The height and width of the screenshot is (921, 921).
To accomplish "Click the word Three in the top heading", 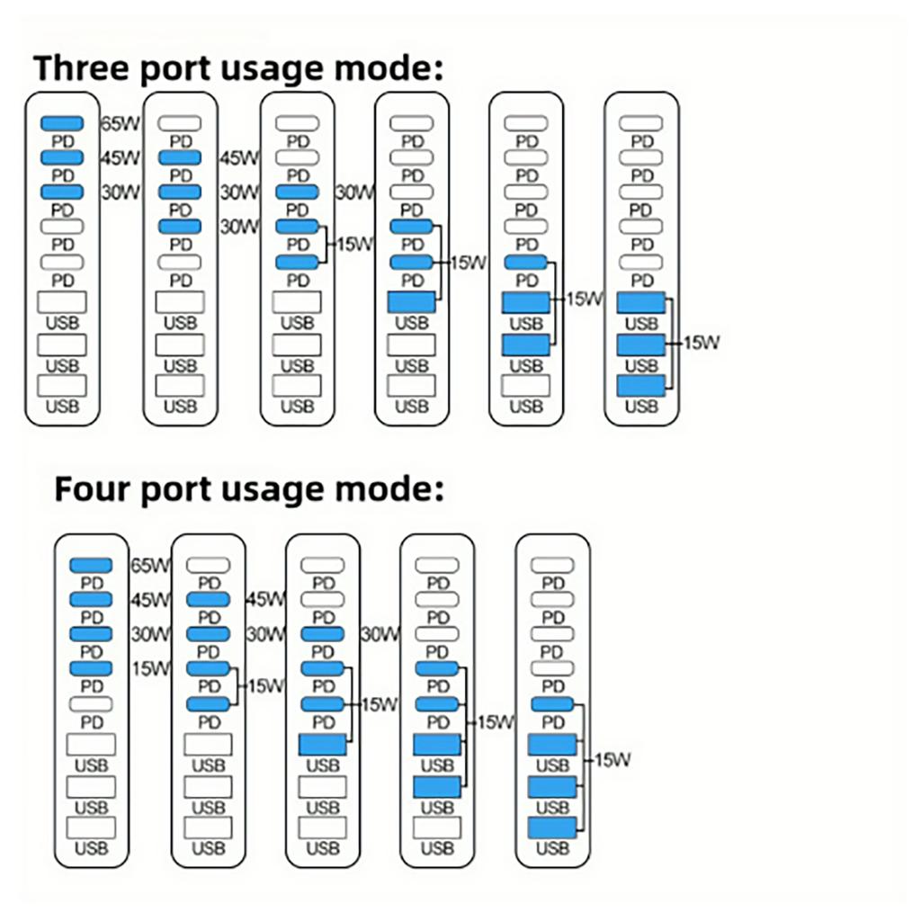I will tap(86, 68).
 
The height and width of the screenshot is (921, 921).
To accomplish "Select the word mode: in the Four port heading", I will tap(396, 489).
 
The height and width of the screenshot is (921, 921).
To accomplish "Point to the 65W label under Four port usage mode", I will tap(150, 566).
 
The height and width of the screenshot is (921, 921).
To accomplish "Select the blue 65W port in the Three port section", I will tap(62, 123).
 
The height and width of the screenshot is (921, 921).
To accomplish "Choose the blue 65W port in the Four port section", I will tap(91, 565).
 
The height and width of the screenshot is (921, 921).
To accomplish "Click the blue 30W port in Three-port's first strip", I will tap(62, 192).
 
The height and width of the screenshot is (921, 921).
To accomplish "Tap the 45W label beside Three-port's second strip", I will tap(239, 158).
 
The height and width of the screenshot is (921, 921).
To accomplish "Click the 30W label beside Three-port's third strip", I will tap(354, 192).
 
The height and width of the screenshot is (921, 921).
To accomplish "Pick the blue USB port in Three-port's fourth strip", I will tap(411, 302).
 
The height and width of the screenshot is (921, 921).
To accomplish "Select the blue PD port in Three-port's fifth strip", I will tap(526, 262).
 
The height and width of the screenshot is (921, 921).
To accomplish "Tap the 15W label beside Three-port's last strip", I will tap(702, 342).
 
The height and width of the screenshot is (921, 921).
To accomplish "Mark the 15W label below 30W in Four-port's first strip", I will tap(150, 668).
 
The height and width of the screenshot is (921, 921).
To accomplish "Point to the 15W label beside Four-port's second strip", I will tap(265, 685).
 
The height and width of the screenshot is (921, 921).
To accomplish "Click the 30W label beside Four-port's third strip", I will tap(380, 634).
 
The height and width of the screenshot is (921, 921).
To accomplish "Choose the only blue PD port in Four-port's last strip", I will tap(552, 704).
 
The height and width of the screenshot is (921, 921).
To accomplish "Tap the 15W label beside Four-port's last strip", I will tap(612, 760).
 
